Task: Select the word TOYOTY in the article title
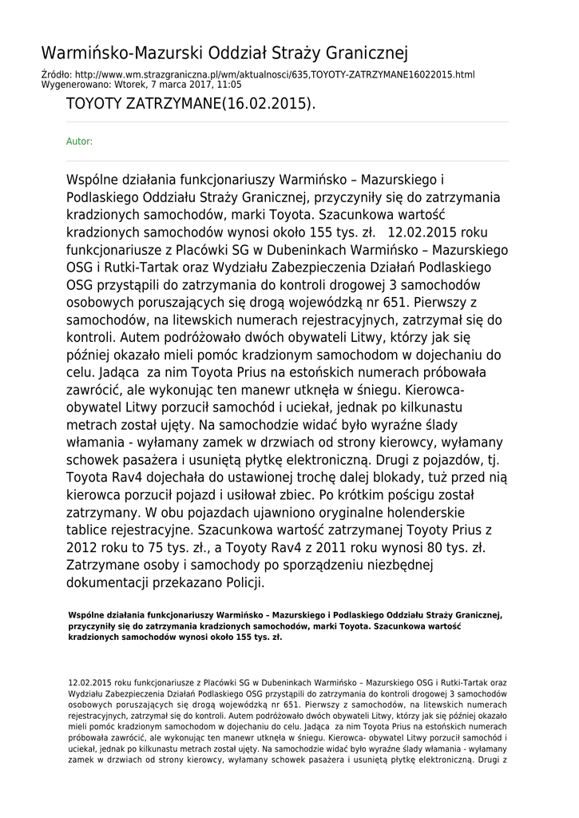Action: coord(94,105)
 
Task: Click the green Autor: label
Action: coord(79,141)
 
